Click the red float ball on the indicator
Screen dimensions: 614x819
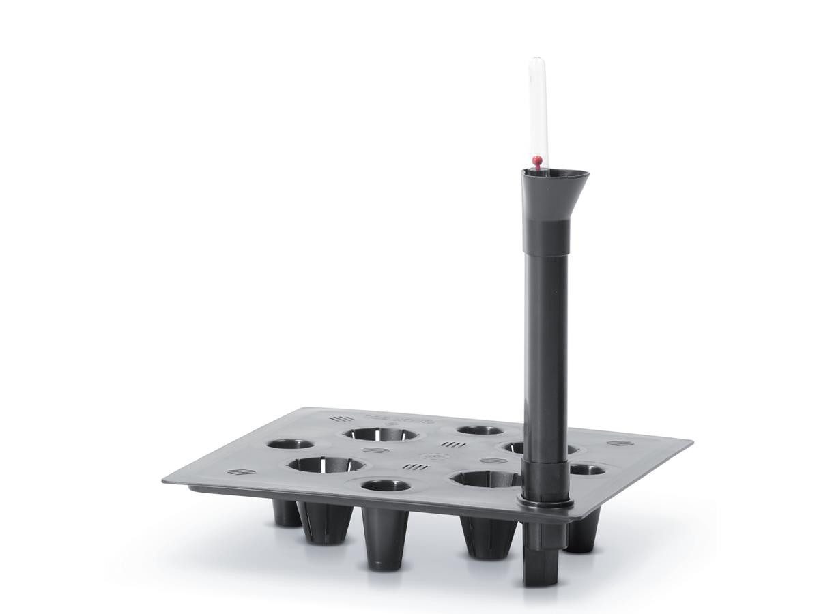(538, 161)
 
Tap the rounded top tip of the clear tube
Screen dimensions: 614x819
(538, 62)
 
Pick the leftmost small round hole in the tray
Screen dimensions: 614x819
(290, 444)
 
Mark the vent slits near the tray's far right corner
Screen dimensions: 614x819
(617, 443)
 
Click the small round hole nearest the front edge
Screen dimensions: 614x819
(386, 486)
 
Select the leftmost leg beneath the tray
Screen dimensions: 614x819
(287, 513)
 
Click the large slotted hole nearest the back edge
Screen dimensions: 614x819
(380, 434)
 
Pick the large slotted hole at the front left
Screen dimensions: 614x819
(326, 465)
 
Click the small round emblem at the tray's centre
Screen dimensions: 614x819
(429, 456)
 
